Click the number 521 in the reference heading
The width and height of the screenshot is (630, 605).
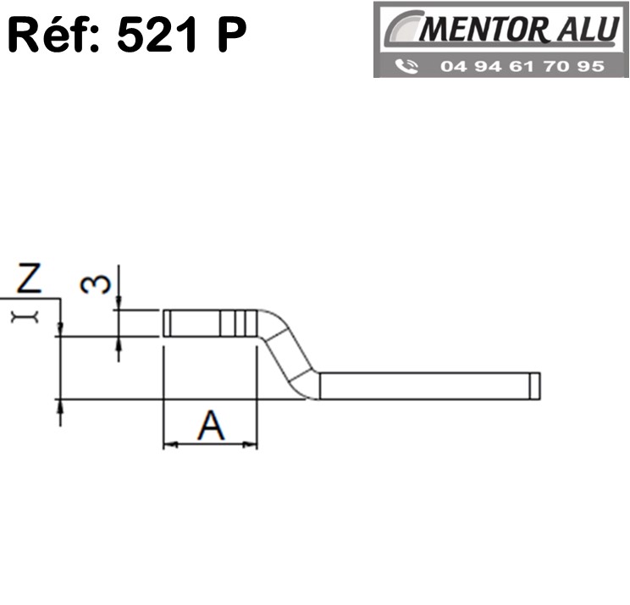(157, 34)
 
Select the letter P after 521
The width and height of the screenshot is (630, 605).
(232, 35)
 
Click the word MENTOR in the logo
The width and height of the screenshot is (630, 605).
(483, 30)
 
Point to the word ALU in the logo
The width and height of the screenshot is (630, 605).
(588, 29)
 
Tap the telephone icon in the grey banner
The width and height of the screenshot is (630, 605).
(406, 66)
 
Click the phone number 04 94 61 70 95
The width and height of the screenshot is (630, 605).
(522, 66)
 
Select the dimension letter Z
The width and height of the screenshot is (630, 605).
(29, 277)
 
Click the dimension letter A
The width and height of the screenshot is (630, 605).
(211, 425)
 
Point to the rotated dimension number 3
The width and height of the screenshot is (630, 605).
(95, 284)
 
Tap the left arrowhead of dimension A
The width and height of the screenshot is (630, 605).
(170, 444)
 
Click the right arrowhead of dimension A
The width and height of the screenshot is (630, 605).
(250, 444)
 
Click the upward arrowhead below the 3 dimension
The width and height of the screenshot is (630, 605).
(119, 344)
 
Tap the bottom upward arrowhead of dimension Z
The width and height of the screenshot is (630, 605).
(60, 406)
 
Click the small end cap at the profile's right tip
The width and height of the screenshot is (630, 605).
(535, 386)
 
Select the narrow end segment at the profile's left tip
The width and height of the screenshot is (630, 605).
(167, 323)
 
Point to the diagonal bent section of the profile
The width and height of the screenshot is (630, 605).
(290, 354)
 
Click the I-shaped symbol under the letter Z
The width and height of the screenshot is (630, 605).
(25, 317)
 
